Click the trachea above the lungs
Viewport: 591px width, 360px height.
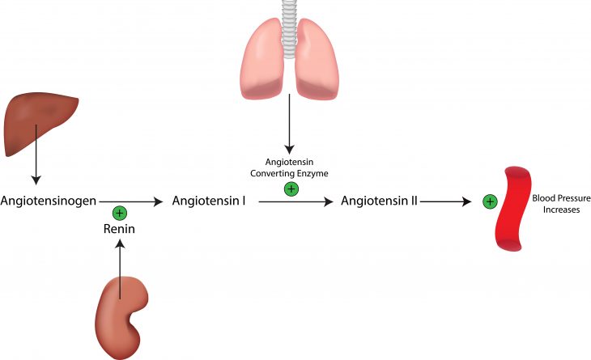[289, 20]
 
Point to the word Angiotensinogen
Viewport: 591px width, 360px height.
[49, 200]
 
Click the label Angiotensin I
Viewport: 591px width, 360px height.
[209, 200]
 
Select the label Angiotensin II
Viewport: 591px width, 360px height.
[379, 200]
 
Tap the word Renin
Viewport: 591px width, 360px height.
[119, 229]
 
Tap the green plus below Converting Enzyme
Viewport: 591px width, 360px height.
[291, 189]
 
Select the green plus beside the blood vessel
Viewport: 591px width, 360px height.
[489, 201]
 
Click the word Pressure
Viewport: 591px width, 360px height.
[565, 197]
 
